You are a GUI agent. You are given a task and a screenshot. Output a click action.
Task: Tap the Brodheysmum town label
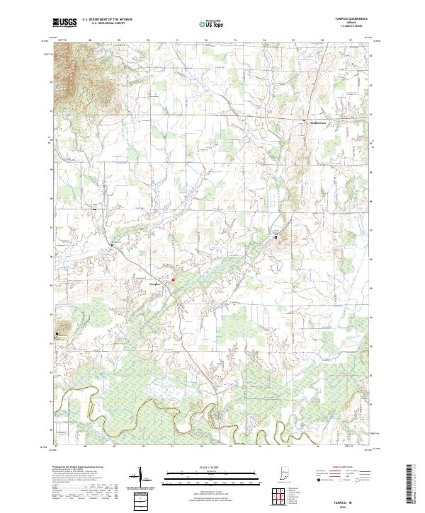coord(320,122)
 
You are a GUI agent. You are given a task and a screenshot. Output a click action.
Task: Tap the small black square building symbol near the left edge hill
coord(57,333)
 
